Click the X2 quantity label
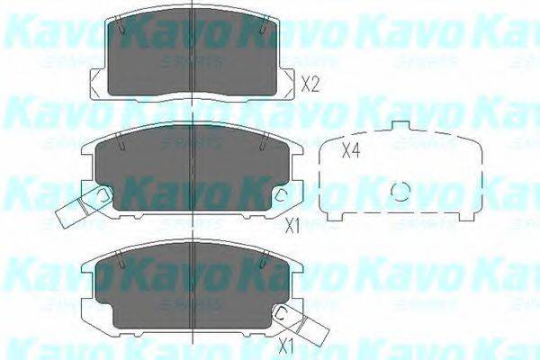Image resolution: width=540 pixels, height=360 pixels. (310, 86)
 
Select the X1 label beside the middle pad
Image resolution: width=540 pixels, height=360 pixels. (291, 225)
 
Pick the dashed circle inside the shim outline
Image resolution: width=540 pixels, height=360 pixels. (403, 192)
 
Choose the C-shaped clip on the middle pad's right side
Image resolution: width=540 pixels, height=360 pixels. (282, 195)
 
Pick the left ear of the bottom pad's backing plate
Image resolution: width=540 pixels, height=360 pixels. (86, 270)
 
